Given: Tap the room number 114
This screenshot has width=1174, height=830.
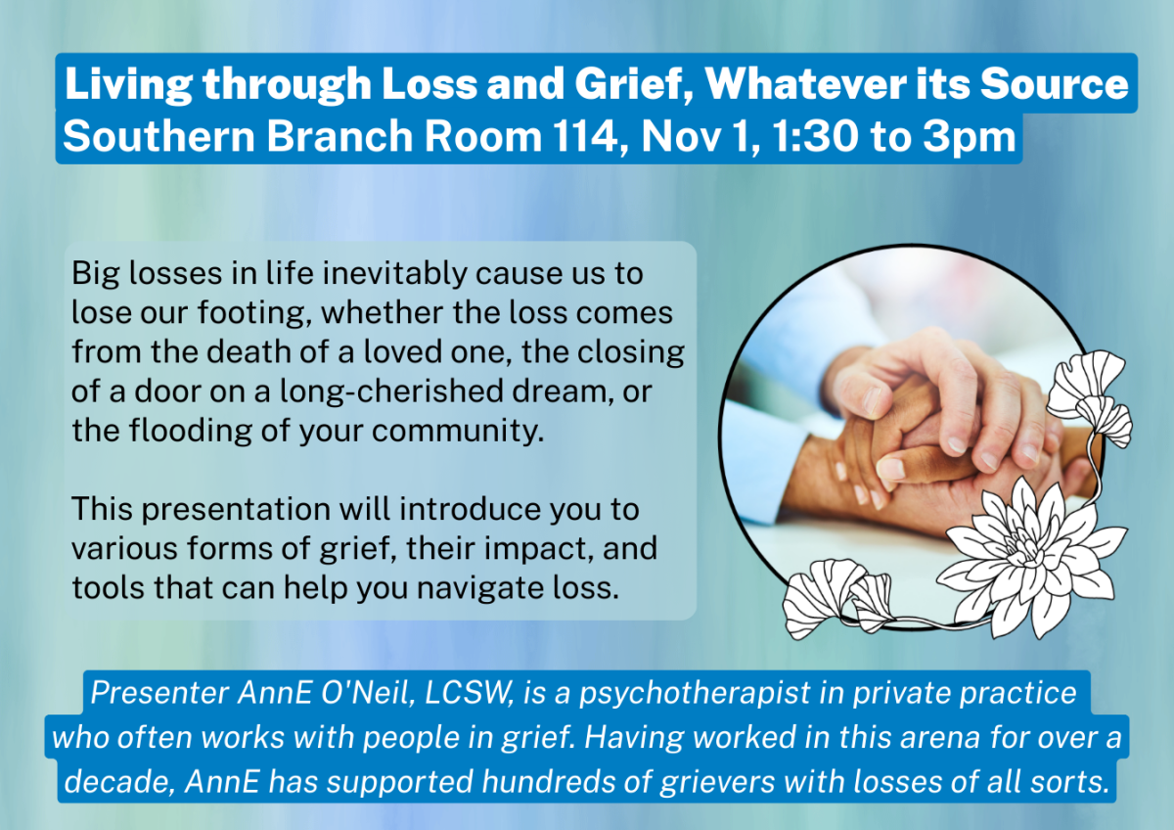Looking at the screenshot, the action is click(x=590, y=136).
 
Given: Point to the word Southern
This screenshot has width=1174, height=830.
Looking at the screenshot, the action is click(x=158, y=136).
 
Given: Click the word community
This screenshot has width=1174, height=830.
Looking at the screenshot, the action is click(x=458, y=431).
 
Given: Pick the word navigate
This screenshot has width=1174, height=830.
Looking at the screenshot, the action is click(x=480, y=588).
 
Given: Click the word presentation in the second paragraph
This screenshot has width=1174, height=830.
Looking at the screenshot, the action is click(x=236, y=510).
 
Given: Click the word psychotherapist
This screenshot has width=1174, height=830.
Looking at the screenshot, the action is click(x=695, y=693).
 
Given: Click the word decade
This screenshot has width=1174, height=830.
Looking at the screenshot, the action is click(x=119, y=781).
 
